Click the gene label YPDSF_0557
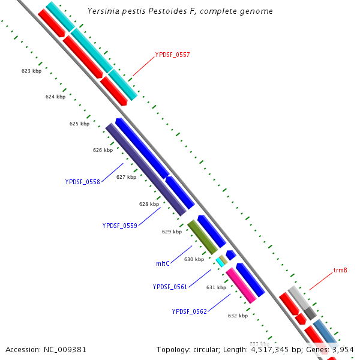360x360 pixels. (172, 55)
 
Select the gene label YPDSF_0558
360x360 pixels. (83, 182)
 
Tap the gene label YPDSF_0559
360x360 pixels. (120, 226)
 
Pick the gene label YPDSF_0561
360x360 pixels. (170, 287)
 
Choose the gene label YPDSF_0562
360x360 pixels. (189, 311)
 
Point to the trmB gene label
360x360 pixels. (340, 271)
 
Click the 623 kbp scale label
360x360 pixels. (31, 71)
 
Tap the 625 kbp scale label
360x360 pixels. (79, 124)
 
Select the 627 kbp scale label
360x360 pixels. (126, 177)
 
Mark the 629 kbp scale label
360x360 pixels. (172, 232)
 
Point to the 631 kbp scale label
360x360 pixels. (216, 287)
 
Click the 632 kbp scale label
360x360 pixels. (238, 316)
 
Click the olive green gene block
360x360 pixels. (202, 237)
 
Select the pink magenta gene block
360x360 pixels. (241, 285)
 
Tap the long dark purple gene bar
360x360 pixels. (146, 170)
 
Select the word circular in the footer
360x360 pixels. (212, 349)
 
